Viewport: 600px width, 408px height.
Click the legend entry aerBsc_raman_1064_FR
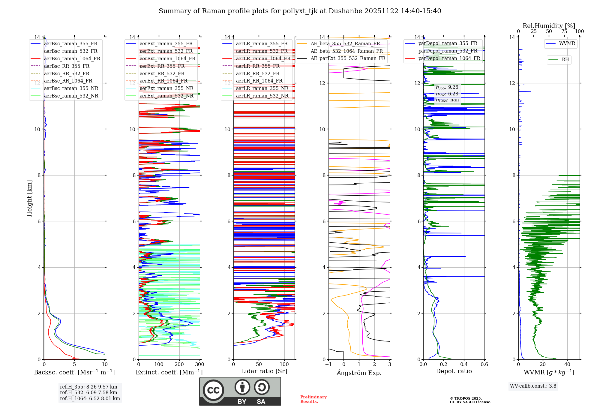click(x=72, y=59)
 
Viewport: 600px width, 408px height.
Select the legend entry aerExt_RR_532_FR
click(x=162, y=73)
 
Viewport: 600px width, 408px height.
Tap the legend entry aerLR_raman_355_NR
click(x=262, y=88)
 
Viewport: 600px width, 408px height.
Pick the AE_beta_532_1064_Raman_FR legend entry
click(x=346, y=51)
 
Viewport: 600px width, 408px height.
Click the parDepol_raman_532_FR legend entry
click(x=448, y=51)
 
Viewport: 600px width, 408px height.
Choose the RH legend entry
click(x=565, y=60)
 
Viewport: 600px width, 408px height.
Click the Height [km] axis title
click(x=29, y=198)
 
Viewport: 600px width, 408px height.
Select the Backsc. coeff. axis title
click(x=74, y=372)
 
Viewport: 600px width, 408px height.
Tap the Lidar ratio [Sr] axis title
click(x=264, y=371)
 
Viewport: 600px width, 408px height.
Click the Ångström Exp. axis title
click(x=359, y=373)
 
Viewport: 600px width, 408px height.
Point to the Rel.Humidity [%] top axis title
click(x=549, y=26)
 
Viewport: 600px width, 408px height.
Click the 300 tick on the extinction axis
click(x=199, y=364)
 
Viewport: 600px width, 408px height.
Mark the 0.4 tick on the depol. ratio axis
click(x=464, y=364)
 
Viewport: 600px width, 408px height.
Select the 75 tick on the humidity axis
click(x=564, y=31)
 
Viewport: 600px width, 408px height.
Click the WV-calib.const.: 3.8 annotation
click(x=533, y=386)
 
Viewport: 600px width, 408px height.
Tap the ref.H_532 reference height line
click(x=88, y=393)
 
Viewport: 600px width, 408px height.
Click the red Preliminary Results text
click(x=313, y=399)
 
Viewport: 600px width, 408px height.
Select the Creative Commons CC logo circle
click(x=213, y=390)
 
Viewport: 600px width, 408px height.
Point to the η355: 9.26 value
click(x=447, y=87)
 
